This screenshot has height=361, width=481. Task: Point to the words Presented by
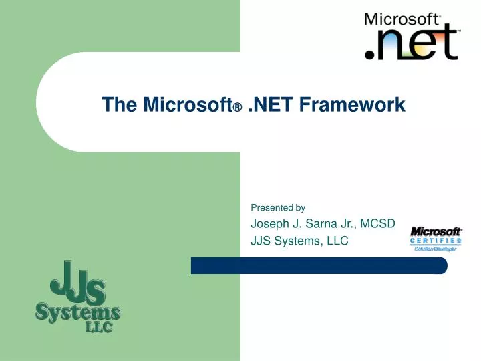click(x=277, y=207)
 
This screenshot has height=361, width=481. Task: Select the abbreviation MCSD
click(x=378, y=223)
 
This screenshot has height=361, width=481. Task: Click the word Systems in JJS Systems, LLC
click(x=298, y=241)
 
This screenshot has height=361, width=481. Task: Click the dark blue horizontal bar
click(x=319, y=265)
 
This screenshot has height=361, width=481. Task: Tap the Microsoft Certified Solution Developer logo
click(x=436, y=239)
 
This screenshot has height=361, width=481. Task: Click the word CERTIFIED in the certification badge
click(x=436, y=241)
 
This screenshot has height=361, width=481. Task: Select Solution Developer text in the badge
click(x=436, y=249)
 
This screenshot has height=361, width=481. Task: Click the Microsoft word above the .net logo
click(x=402, y=19)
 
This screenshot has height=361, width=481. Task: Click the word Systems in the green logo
click(x=77, y=312)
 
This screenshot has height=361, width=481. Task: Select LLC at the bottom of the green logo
click(x=98, y=328)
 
